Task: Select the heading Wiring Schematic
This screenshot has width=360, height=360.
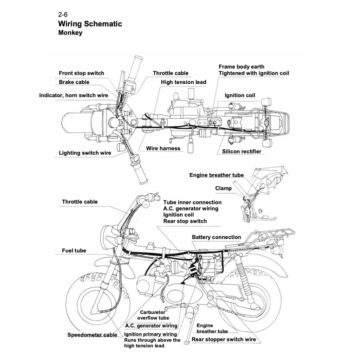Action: click(x=90, y=24)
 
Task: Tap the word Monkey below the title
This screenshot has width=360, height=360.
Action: click(x=70, y=33)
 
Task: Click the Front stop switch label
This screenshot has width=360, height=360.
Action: click(x=81, y=73)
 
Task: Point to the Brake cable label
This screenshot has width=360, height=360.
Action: click(x=74, y=82)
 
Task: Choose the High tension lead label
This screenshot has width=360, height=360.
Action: click(x=184, y=82)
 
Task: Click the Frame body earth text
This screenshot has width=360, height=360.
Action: click(x=241, y=67)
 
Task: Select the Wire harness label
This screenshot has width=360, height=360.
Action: click(x=163, y=148)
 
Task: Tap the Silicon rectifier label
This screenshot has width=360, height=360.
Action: click(x=242, y=152)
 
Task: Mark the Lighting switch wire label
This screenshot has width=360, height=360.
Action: click(x=85, y=153)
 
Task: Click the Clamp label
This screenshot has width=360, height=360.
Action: click(x=223, y=188)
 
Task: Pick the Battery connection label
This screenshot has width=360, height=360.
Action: click(x=216, y=237)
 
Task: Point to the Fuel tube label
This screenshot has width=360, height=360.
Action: click(x=74, y=251)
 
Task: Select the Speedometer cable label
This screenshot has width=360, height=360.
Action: click(x=92, y=335)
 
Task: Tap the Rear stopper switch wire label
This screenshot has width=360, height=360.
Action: click(x=224, y=340)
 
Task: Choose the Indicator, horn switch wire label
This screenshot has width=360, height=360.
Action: click(x=73, y=95)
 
